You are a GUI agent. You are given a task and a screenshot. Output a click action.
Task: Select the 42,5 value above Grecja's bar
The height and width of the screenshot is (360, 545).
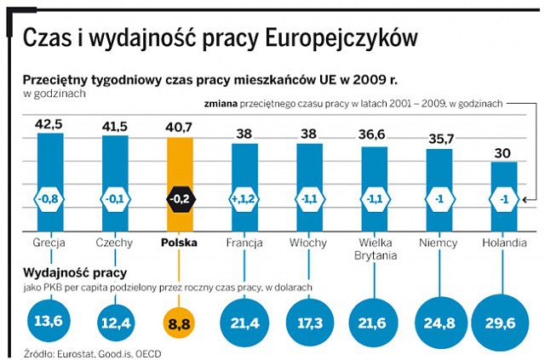tap(49, 124)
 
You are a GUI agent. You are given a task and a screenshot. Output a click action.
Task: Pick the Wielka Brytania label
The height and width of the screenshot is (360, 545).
tap(374, 249)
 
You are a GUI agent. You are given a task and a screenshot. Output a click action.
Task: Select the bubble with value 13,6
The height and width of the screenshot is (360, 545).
tap(49, 323)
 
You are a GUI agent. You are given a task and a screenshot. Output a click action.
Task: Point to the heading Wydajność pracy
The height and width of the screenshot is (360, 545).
tap(76, 272)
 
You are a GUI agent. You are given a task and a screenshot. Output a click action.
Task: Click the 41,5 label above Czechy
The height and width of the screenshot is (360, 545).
tap(114, 126)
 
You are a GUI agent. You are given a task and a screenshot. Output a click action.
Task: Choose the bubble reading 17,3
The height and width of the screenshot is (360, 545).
tap(309, 323)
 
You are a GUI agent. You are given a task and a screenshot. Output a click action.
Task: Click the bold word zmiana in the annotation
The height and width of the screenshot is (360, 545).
tap(222, 103)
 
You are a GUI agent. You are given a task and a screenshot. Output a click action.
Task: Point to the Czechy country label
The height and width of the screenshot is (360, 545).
tap(114, 243)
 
